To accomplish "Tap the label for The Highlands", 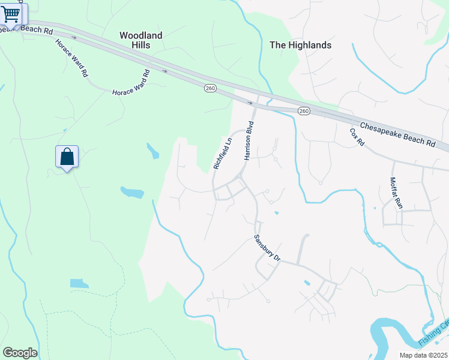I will pos(300,45).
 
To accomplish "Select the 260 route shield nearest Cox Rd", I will pos(304,111).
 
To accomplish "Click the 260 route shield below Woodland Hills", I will pos(210,88).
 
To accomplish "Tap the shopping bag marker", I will pos(67,157).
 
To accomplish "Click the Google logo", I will pos(20,353).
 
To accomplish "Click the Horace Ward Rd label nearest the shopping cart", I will pos(72,58).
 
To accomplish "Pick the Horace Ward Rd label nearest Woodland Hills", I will pos(130,84).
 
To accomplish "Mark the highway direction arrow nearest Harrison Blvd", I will pos(250,103).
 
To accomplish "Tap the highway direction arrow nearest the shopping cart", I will pos(74,37).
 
